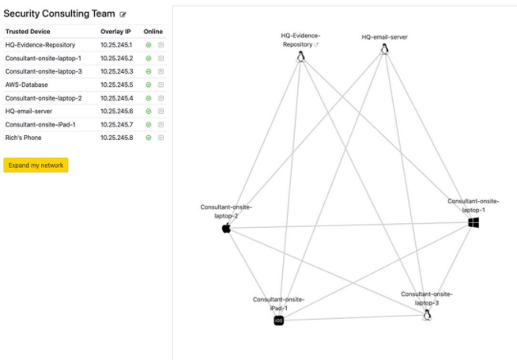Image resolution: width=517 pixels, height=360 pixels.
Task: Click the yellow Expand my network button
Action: (36, 165)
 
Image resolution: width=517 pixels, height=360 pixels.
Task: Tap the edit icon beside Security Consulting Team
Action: (123, 14)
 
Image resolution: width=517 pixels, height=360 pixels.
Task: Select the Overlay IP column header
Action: (115, 32)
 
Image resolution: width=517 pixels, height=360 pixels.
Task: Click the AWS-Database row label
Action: (27, 85)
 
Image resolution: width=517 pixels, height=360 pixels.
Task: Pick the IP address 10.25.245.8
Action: (117, 138)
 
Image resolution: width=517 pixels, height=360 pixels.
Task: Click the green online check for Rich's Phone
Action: (149, 138)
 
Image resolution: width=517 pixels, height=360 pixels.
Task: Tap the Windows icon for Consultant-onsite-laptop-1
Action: (474, 223)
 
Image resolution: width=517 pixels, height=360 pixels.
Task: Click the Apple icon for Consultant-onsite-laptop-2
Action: (226, 228)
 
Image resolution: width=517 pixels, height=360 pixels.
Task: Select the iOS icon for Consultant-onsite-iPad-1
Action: (279, 320)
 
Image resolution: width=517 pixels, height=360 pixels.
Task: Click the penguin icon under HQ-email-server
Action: (384, 48)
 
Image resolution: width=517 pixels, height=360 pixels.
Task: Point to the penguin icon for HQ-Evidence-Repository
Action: (300, 56)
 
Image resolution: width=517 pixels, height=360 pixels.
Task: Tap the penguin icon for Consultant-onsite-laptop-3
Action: (427, 315)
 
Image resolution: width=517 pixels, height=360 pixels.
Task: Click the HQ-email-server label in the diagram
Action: (384, 37)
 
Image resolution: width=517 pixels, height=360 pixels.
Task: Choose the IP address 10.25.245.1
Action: (116, 45)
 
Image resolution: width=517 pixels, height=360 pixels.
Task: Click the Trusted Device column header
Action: (28, 32)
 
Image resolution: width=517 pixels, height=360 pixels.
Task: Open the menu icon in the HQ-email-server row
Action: (161, 112)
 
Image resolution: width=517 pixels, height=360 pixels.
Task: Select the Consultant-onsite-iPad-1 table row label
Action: (40, 124)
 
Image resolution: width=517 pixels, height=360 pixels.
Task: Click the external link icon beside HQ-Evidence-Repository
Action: (316, 44)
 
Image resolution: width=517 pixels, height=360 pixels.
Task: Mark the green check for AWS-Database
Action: (149, 85)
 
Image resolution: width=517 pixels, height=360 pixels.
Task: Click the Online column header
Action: (153, 32)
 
